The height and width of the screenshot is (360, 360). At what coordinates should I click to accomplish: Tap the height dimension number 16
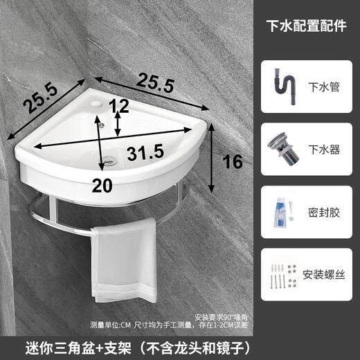233,163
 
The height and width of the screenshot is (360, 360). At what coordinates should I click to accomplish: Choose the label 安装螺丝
323,273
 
